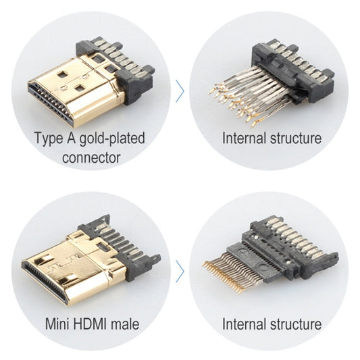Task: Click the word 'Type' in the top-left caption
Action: [x=48, y=139]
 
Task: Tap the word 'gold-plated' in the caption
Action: [x=111, y=140]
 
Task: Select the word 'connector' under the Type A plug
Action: [x=90, y=159]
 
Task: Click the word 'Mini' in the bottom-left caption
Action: [x=57, y=324]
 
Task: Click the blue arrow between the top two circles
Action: [x=180, y=91]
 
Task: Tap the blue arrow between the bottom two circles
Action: [x=180, y=272]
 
